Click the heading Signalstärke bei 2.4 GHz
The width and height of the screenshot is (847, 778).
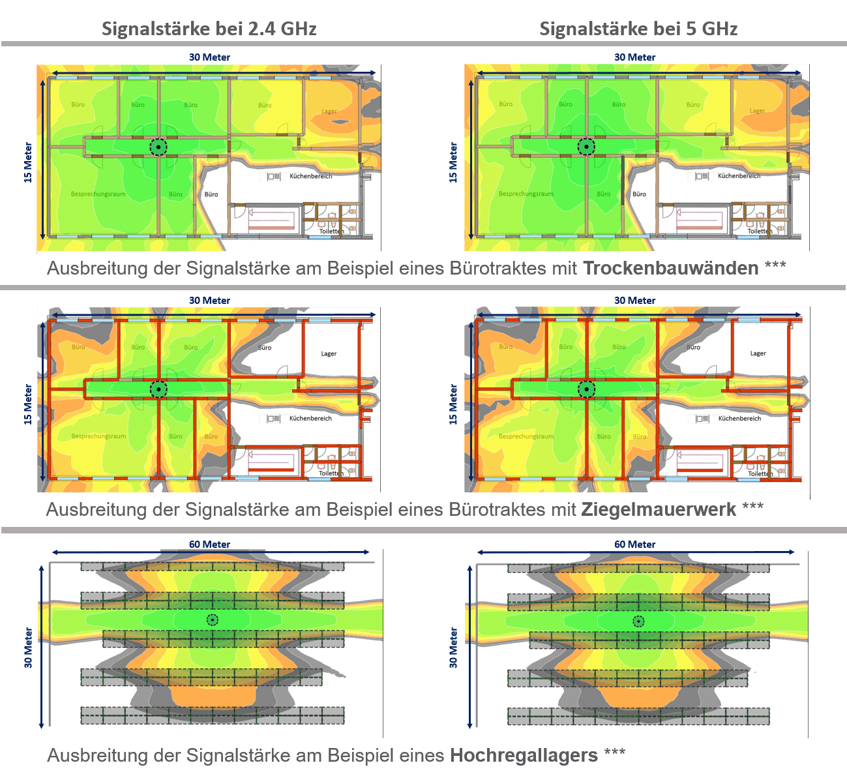(x=209, y=29)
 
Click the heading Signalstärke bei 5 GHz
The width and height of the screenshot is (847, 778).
(x=638, y=29)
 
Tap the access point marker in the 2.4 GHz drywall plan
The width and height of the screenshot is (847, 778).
(x=158, y=147)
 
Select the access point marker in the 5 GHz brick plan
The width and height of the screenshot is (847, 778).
(x=586, y=390)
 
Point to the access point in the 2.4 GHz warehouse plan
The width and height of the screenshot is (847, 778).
(x=213, y=620)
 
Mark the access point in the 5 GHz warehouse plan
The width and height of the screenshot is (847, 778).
(x=639, y=621)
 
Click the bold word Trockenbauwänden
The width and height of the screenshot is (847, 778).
(x=670, y=268)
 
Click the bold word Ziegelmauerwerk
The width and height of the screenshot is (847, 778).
(x=659, y=509)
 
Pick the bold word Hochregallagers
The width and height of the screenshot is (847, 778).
(x=524, y=755)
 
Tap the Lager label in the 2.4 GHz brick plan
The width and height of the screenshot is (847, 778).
(x=329, y=354)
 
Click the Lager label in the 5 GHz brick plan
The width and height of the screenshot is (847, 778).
(x=758, y=353)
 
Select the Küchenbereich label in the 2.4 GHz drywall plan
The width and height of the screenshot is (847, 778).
(x=310, y=176)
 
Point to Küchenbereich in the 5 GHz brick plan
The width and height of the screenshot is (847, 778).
(x=739, y=419)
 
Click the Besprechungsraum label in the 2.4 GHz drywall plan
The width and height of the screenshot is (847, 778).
(x=98, y=194)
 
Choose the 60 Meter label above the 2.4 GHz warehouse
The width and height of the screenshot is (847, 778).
(x=209, y=545)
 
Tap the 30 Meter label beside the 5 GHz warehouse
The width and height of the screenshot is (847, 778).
(x=453, y=648)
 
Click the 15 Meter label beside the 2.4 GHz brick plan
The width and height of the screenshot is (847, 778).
(x=28, y=404)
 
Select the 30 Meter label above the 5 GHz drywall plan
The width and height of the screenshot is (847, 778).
(x=634, y=57)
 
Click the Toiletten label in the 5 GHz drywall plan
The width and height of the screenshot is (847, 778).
(x=760, y=231)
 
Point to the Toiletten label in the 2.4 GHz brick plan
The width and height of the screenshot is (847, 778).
(x=331, y=473)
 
